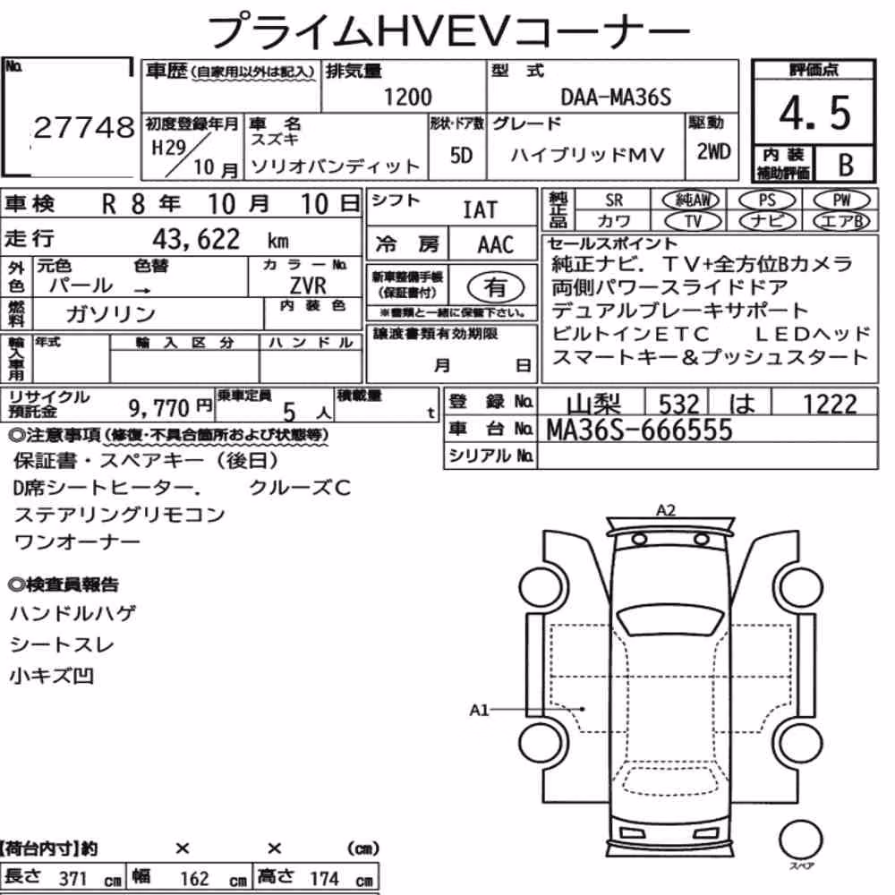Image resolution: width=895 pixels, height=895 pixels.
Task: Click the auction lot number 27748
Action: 84,127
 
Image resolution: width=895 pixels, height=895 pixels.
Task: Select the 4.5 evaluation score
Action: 814,113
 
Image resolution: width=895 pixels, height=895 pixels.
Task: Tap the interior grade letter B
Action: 846,165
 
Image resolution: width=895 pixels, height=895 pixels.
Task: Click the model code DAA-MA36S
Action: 616,98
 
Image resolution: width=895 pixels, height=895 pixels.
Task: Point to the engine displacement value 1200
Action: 407,97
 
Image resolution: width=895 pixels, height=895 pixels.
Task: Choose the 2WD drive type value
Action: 713,152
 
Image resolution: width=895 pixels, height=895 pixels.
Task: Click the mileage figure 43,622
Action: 196,239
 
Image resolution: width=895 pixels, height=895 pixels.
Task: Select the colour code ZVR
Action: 308,285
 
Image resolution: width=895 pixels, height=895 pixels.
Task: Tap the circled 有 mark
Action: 495,286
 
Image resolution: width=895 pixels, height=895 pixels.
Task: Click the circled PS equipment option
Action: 767,200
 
